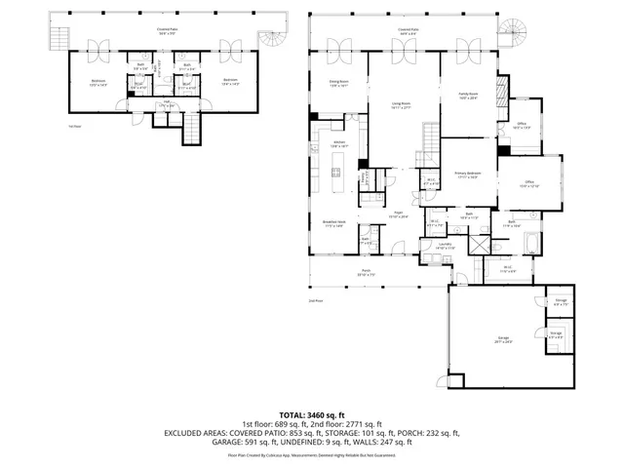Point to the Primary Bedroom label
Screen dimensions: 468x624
point(468,175)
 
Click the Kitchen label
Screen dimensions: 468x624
point(339,143)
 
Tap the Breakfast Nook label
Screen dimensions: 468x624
point(335,223)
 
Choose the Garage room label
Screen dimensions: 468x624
point(504,341)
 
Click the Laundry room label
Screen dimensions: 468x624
point(445,245)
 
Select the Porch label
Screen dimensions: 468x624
point(367,272)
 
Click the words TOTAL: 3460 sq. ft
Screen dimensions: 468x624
point(312,414)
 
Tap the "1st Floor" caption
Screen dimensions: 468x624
point(73,127)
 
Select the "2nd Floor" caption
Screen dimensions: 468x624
point(315,301)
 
